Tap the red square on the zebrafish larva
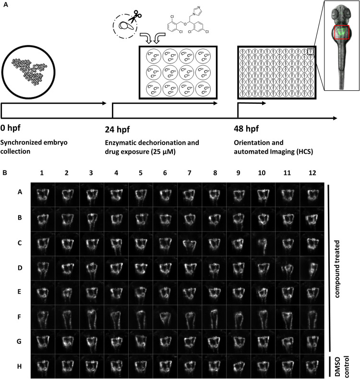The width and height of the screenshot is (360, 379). click(x=342, y=25)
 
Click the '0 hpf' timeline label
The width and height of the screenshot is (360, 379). click(x=11, y=128)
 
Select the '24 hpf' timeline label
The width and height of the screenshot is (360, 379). click(x=117, y=129)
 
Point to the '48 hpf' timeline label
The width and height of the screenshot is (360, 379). click(x=246, y=129)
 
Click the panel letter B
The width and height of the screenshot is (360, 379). click(x=5, y=172)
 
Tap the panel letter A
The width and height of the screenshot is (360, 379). click(x=6, y=5)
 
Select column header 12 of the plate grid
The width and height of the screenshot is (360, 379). click(x=312, y=173)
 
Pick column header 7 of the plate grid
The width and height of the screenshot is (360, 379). click(x=190, y=173)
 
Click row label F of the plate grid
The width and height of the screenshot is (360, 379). click(x=19, y=317)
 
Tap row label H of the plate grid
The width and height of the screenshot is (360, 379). click(x=19, y=367)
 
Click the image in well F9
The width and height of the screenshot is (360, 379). click(x=239, y=318)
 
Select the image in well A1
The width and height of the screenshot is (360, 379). click(x=43, y=195)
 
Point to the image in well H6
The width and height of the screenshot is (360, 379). click(x=165, y=366)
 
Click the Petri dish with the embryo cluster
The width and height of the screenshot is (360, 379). click(x=28, y=72)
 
